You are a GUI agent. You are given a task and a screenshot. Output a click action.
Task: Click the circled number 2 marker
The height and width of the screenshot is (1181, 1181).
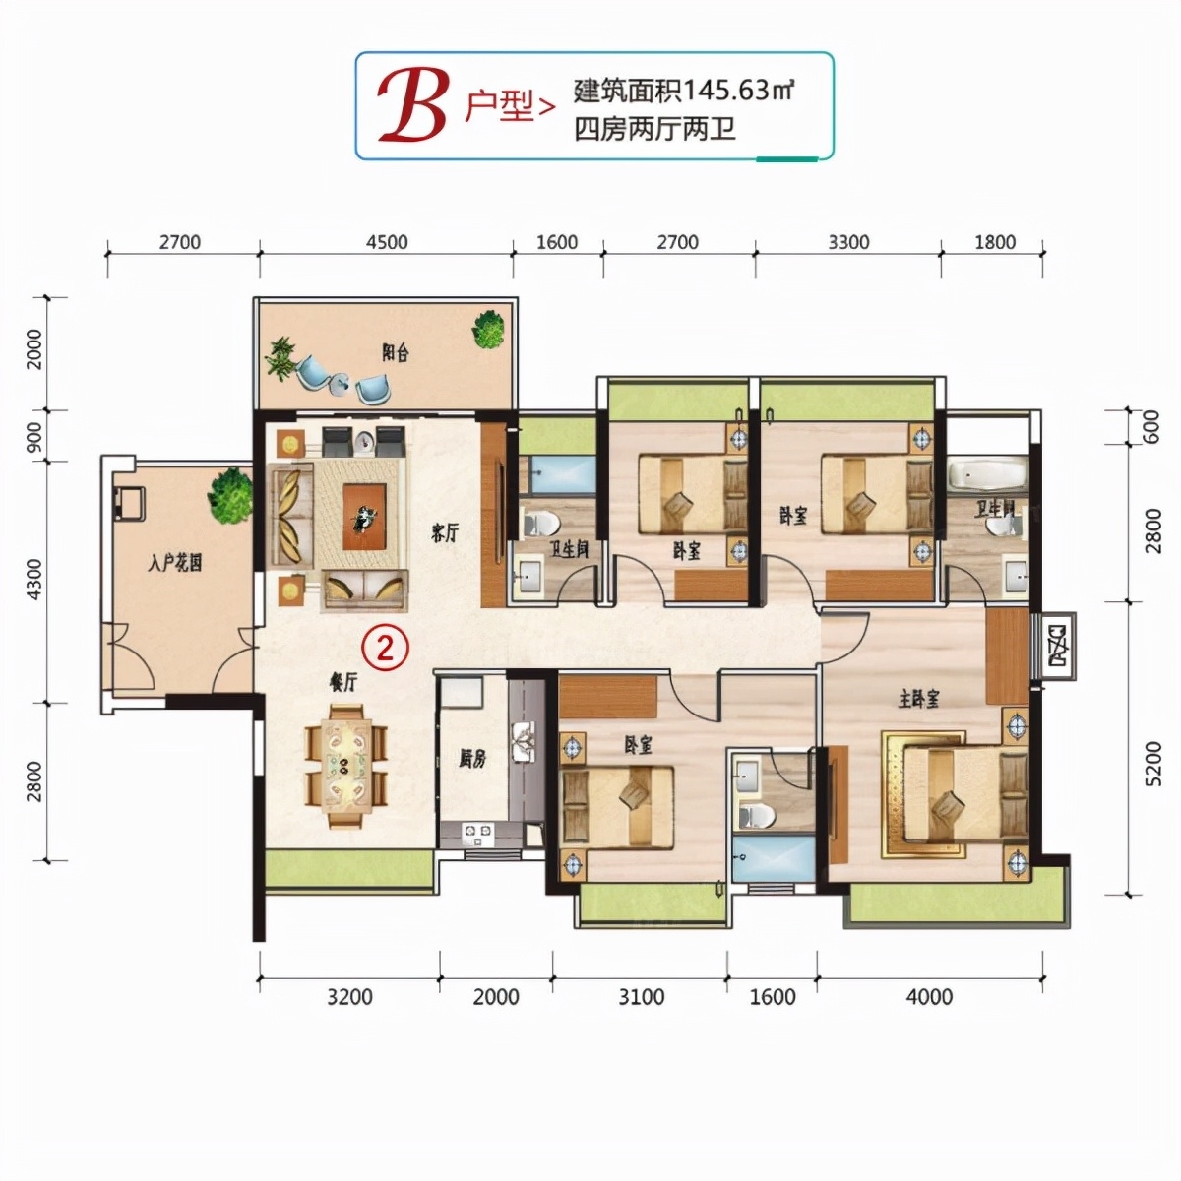coord(385,647)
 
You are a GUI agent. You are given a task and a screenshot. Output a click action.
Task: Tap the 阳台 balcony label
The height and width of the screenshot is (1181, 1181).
coord(395,353)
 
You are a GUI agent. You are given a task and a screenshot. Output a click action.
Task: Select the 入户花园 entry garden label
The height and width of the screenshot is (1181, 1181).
coord(175,563)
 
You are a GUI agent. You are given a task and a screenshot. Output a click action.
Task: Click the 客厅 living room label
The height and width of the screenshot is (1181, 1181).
coord(445,533)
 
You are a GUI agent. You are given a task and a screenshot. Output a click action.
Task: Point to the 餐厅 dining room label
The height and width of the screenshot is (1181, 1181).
coord(342,681)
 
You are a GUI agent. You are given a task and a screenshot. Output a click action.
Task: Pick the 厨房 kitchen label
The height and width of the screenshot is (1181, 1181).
coord(472,758)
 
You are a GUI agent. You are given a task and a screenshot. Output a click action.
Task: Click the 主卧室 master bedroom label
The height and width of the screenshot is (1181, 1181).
coord(918,699)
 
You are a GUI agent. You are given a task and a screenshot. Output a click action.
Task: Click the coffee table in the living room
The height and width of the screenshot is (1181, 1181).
coord(365,516)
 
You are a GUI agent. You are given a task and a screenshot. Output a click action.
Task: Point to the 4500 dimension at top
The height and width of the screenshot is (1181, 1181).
coord(386,242)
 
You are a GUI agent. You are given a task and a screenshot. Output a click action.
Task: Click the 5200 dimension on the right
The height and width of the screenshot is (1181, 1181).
coord(1152,763)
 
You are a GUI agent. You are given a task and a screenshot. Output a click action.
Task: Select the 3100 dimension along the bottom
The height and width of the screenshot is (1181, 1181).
coord(641,997)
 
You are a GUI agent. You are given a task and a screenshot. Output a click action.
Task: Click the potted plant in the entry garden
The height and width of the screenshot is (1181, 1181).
coord(230,494)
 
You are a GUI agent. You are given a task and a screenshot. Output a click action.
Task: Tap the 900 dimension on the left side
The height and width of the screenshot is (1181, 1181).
coord(34,435)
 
